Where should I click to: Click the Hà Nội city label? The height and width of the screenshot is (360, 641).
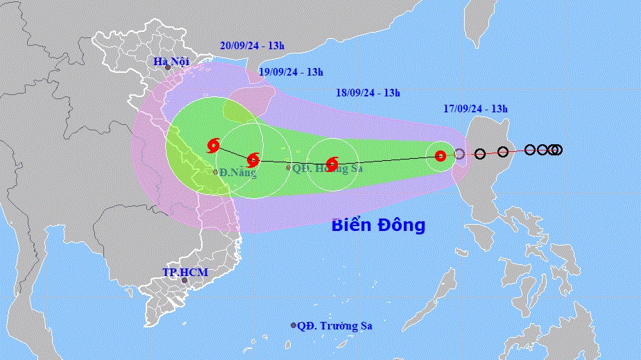pos(172,63)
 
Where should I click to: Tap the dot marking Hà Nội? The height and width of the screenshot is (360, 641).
pos(167,67)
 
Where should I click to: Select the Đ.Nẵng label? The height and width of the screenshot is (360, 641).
pos(237,173)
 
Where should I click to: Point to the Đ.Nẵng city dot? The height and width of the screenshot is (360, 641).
pos(216,172)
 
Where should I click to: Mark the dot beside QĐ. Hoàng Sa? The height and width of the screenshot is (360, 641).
pos(289,167)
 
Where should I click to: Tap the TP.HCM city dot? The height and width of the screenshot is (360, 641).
pos(185,280)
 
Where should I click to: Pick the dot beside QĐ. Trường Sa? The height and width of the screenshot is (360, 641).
pos(293,325)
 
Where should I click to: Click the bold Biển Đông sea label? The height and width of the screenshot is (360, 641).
pos(378,225)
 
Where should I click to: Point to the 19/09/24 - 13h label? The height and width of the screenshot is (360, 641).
pos(291,71)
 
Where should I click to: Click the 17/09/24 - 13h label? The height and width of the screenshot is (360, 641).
pos(475,108)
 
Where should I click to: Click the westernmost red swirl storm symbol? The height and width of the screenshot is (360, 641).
pos(214,145)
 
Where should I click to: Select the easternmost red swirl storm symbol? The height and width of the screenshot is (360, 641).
pos(332,164)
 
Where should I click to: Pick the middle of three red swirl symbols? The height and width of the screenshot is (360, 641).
pos(254,160)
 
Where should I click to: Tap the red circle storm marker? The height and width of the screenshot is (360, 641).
pos(440,156)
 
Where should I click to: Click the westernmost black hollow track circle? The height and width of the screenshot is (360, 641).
pos(480,153)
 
